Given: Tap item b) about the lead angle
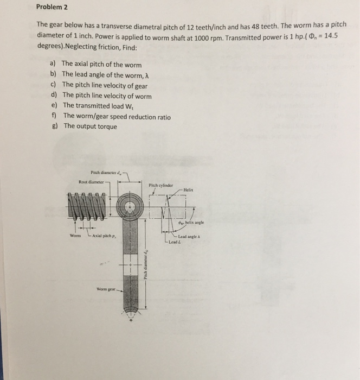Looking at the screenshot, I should click(x=101, y=74).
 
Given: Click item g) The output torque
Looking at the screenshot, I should click(x=89, y=126).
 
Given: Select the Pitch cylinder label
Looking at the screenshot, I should click(x=161, y=185).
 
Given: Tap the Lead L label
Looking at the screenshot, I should click(x=173, y=241).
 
